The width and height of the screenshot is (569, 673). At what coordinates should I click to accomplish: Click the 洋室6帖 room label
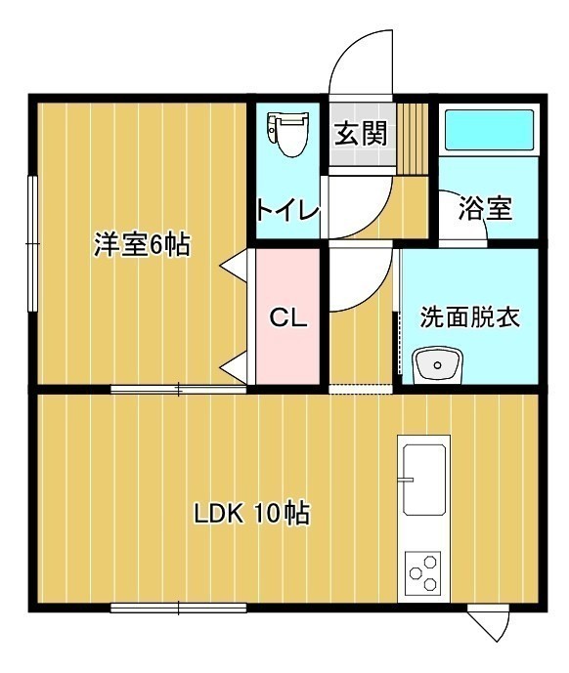click(142, 244)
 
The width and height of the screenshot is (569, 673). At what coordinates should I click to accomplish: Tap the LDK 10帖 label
click(252, 513)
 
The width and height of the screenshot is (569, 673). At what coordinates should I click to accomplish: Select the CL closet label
click(288, 318)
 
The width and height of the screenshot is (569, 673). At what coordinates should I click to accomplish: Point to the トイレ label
click(288, 210)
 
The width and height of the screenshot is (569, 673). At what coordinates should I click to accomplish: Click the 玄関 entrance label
click(361, 133)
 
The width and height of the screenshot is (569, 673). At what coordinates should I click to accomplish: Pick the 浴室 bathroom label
click(485, 208)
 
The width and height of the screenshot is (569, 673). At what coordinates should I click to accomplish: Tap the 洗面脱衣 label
click(469, 316)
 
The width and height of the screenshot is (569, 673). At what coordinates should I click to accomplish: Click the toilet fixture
click(287, 133)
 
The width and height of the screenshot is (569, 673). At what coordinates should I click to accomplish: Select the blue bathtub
click(489, 130)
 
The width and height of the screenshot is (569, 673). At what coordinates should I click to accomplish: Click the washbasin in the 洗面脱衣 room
click(437, 365)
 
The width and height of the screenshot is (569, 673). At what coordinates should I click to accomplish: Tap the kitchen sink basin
click(423, 479)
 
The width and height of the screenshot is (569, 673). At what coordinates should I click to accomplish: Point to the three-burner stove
click(423, 572)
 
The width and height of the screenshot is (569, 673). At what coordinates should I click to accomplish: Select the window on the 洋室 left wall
click(32, 243)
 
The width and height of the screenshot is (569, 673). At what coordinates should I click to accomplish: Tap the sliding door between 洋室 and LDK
click(178, 390)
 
